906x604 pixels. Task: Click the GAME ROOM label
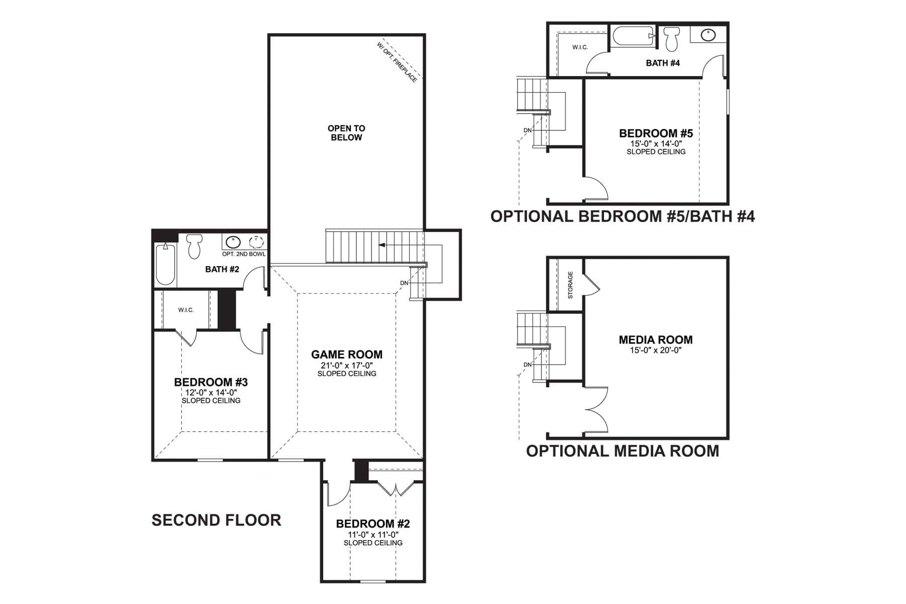pyautogui.click(x=346, y=354)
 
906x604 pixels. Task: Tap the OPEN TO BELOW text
pyautogui.click(x=346, y=133)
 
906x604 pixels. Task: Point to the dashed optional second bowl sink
pyautogui.click(x=257, y=243)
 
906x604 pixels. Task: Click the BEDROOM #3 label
pyautogui.click(x=211, y=382)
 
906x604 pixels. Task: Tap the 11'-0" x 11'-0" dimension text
pyautogui.click(x=373, y=535)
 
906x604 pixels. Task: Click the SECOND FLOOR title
pyautogui.click(x=216, y=520)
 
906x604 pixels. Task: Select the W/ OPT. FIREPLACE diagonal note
pyautogui.click(x=397, y=62)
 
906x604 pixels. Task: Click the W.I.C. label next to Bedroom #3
pyautogui.click(x=186, y=310)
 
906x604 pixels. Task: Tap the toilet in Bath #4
pyautogui.click(x=671, y=39)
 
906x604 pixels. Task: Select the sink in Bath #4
pyautogui.click(x=708, y=35)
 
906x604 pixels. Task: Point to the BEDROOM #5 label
pyautogui.click(x=656, y=133)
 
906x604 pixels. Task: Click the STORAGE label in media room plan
pyautogui.click(x=570, y=285)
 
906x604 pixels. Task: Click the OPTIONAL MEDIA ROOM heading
pyautogui.click(x=623, y=450)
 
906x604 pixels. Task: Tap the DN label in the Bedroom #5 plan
pyautogui.click(x=527, y=130)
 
